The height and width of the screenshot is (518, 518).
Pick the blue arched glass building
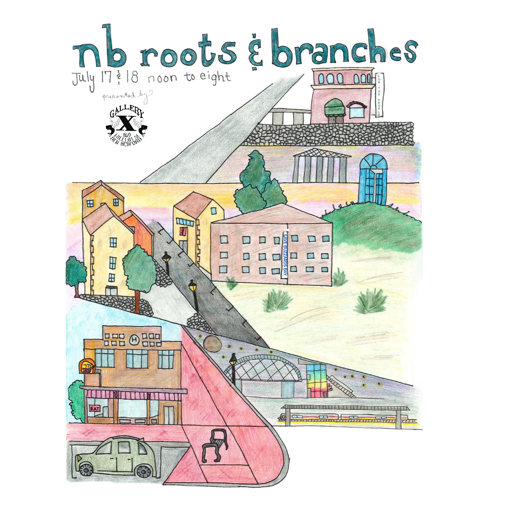point(373,179)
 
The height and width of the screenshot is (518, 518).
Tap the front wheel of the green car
point(143,471)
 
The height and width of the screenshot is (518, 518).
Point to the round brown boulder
point(212,344)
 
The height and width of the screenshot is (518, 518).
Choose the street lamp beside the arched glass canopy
point(233,367)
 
